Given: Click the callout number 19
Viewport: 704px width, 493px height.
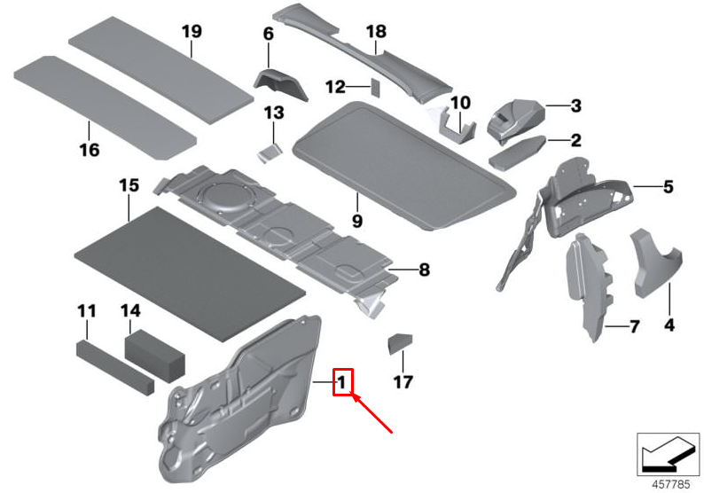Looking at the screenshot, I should [192, 32].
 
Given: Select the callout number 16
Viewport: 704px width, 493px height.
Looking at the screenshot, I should [89, 150].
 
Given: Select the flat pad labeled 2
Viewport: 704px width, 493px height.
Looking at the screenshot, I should [520, 153].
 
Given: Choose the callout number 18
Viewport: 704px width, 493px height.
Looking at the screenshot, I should [377, 32].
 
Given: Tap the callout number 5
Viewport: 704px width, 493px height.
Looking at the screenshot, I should [668, 187].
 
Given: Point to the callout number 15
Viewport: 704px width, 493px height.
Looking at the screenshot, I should [129, 185].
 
